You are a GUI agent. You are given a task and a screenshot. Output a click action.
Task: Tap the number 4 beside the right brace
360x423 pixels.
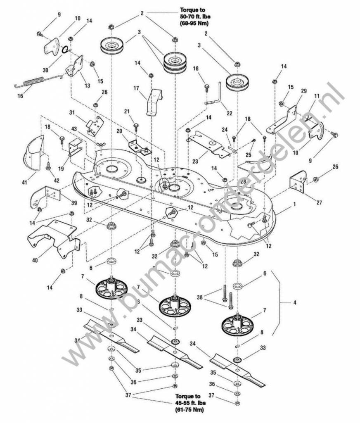[294, 303]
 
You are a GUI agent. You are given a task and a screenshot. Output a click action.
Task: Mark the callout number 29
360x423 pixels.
[304, 90]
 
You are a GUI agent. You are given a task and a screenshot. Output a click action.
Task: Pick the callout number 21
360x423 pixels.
[127, 112]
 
